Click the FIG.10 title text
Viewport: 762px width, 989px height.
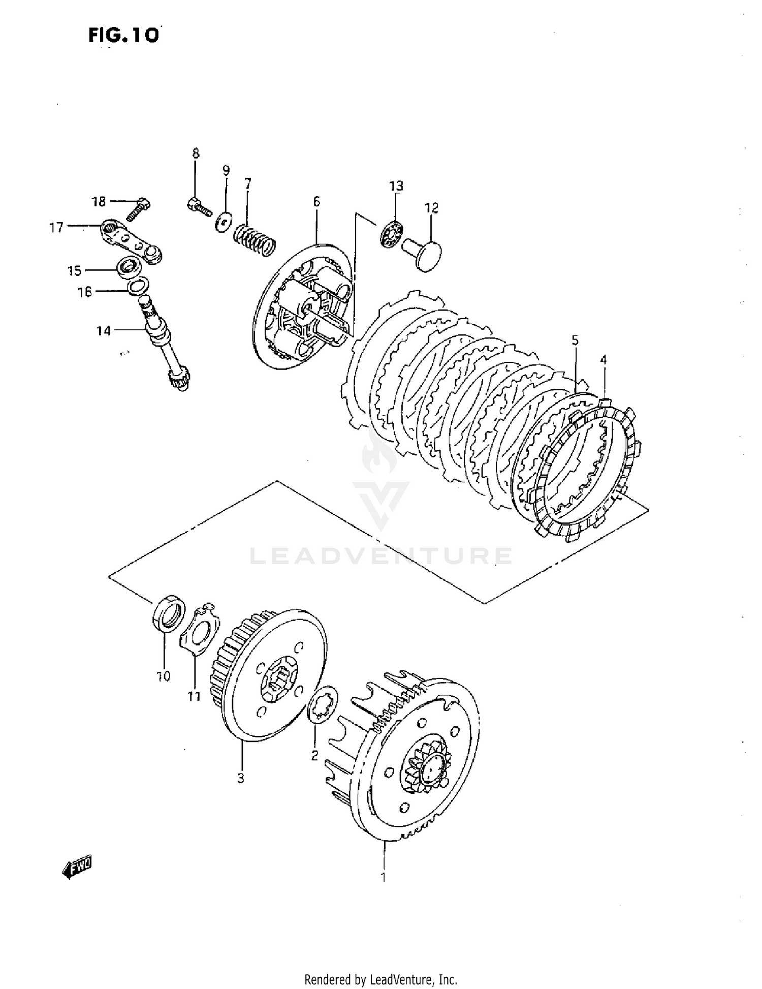tap(123, 35)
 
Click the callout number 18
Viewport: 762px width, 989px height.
tap(99, 202)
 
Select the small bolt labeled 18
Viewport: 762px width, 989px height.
tap(138, 209)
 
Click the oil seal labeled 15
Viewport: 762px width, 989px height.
tap(130, 267)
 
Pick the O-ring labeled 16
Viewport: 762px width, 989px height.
tap(137, 286)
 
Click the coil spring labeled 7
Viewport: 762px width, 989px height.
tap(254, 241)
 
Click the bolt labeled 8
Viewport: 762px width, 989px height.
tap(199, 206)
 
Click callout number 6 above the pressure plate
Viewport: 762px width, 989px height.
tap(316, 202)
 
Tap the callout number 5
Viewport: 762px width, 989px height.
tap(575, 340)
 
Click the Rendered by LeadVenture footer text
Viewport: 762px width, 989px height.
tap(381, 979)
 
